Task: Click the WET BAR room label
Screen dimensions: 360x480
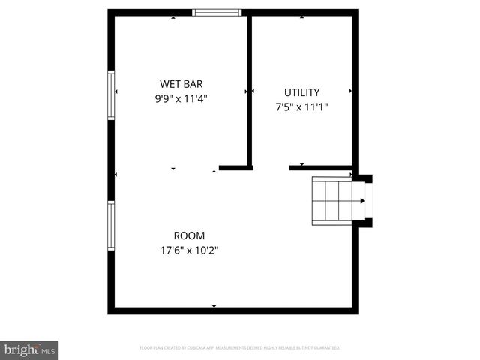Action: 181,84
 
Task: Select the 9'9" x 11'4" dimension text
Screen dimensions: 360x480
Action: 181,97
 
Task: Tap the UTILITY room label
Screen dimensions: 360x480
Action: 301,92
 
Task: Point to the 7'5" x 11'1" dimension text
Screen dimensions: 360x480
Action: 301,106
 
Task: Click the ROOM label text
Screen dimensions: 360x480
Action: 189,235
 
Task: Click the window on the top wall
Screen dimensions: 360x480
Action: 217,12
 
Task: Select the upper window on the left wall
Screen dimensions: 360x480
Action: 111,94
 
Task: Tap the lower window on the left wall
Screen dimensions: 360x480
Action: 111,226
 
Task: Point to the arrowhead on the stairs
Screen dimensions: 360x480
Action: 363,200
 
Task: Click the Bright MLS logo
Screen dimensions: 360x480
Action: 29,349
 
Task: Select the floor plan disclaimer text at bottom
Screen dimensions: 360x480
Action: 240,348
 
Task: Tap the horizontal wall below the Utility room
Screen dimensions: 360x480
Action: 320,167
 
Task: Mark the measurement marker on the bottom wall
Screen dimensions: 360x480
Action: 214,306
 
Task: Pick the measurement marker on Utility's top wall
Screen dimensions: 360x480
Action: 301,16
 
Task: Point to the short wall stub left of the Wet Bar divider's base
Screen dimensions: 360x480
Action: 232,167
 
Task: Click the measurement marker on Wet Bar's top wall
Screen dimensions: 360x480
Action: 173,16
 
